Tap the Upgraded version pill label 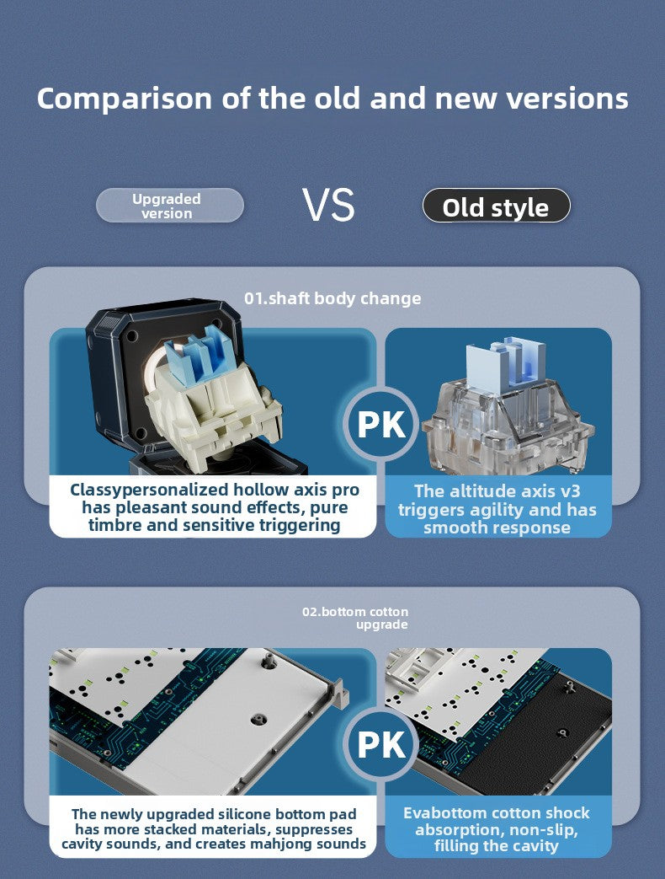click(x=169, y=206)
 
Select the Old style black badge click(x=496, y=206)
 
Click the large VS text click(x=328, y=205)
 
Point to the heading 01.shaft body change click(x=332, y=298)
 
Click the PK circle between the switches click(x=381, y=425)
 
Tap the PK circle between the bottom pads click(x=381, y=744)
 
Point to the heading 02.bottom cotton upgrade click(x=355, y=618)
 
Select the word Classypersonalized click(x=149, y=490)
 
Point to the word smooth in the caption click(x=449, y=528)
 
